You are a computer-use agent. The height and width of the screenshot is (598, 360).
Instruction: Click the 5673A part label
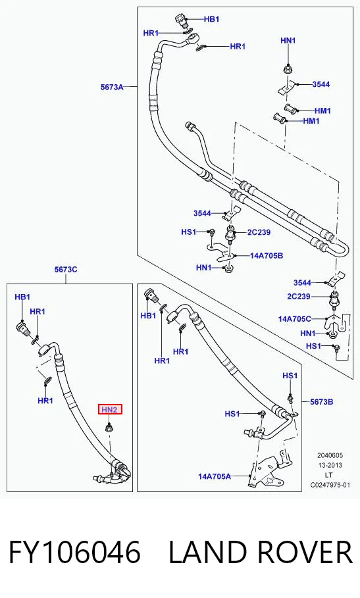coord(112,87)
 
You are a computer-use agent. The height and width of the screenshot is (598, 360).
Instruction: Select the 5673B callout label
coord(321,401)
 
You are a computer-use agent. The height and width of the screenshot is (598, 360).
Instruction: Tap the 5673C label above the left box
coord(66,269)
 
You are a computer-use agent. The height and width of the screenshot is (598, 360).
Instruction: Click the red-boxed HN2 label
coord(110,410)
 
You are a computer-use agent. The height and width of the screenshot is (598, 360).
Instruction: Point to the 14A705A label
coord(215,476)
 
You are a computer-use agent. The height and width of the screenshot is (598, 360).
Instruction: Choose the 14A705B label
coord(267,255)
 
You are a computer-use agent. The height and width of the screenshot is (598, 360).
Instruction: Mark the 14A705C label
coord(295,319)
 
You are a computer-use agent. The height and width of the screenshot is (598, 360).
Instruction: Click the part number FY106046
coord(75,552)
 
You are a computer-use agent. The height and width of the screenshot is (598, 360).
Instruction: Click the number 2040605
coord(330,455)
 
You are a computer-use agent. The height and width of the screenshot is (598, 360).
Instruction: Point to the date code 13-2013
coord(330,465)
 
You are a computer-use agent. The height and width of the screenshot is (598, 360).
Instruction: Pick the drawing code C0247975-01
coord(330,485)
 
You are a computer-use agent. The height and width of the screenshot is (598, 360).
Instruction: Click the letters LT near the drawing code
coord(328,475)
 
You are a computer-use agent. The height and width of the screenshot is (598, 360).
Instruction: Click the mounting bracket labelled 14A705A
coord(268,469)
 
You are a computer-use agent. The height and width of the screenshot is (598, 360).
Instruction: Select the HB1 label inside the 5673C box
coord(22,297)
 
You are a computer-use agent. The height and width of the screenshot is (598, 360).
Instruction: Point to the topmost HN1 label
coord(288,40)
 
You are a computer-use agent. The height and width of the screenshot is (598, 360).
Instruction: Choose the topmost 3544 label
coord(321,84)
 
